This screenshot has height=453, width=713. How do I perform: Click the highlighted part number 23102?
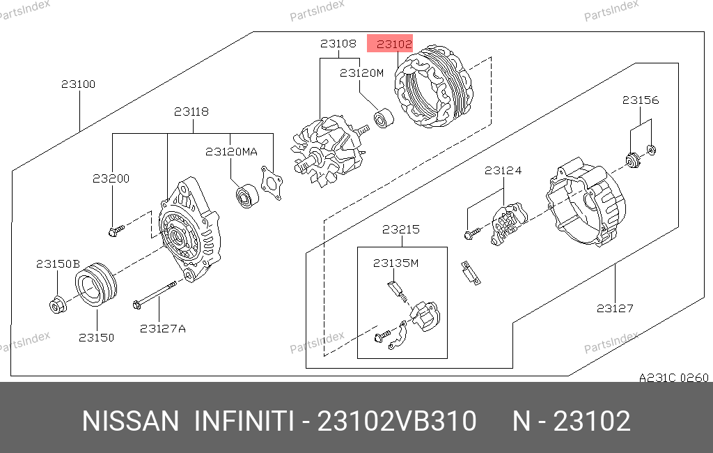tap(394, 44)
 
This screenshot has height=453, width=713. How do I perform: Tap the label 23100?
tap(78, 84)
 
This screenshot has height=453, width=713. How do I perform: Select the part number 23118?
tap(191, 112)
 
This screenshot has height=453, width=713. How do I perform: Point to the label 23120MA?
tap(231, 152)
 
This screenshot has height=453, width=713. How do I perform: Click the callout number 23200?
tap(111, 178)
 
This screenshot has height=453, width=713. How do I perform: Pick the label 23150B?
tap(58, 264)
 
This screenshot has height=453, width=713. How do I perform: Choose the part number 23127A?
tap(162, 329)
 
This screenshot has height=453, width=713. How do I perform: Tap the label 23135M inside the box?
tap(395, 263)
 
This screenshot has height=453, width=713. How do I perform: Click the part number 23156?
tap(641, 100)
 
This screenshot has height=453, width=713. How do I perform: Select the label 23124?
tap(503, 171)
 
